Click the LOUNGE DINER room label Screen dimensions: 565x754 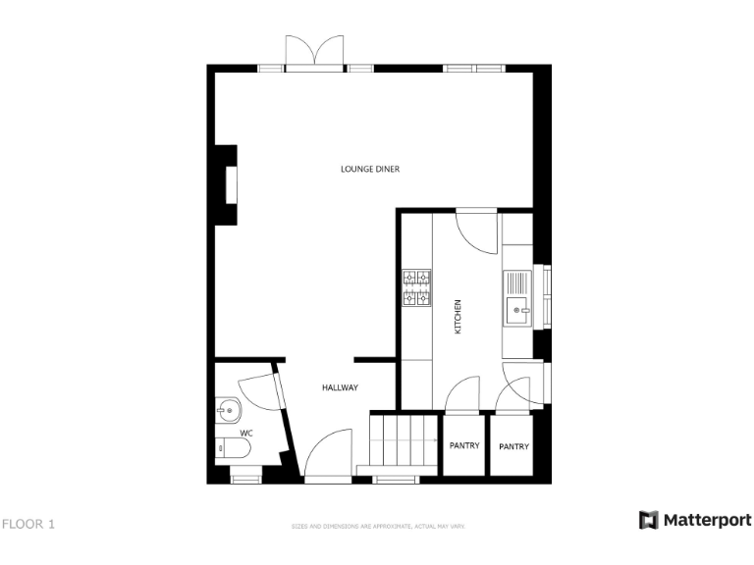point(370,169)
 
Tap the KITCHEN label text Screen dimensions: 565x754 point(458,318)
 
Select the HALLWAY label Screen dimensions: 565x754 point(340,387)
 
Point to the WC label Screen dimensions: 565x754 point(246,433)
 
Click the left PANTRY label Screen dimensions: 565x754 point(464,446)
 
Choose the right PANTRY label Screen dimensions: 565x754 point(513,446)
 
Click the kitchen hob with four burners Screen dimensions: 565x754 point(417,287)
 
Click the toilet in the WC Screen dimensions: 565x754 point(234,449)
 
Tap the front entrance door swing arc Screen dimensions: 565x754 point(328,454)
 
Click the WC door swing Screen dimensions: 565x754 point(258,389)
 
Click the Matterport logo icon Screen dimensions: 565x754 point(648,520)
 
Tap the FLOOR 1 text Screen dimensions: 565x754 point(27,524)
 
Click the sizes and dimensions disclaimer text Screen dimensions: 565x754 point(377,527)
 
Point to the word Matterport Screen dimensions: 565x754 point(707,520)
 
